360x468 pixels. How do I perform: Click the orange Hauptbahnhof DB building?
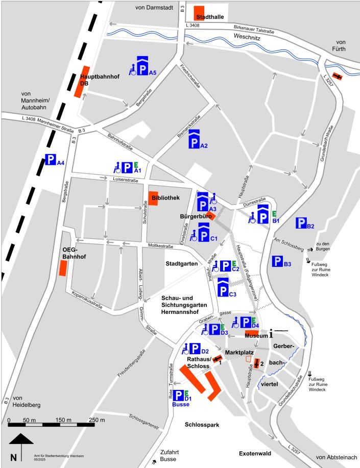coord(82,82)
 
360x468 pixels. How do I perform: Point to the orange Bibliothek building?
coord(153,199)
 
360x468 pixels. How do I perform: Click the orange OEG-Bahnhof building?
coord(63,268)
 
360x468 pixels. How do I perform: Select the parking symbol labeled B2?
coord(301,223)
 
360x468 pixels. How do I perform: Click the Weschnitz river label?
coord(248,37)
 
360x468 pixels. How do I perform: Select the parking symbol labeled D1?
coord(179,395)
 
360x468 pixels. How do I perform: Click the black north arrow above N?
coord(21,439)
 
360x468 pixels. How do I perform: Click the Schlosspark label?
coord(202,424)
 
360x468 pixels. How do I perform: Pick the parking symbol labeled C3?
coord(223,287)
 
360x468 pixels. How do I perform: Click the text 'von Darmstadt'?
coord(155,7)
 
